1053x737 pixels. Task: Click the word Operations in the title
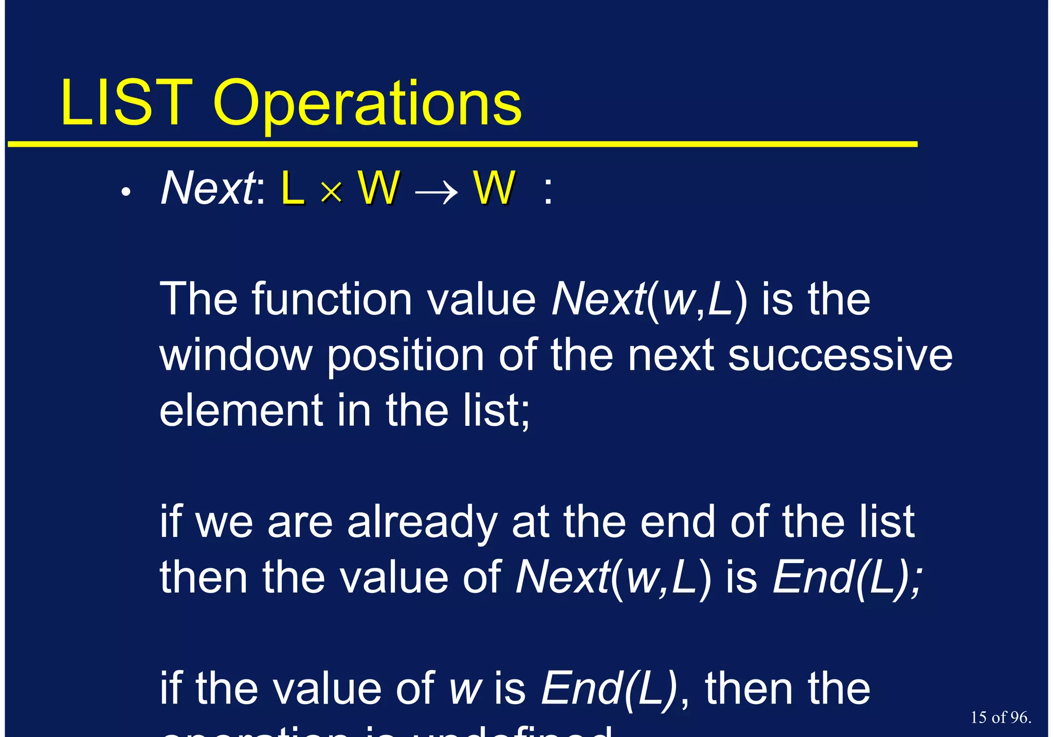click(367, 105)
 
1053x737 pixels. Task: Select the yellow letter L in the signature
click(293, 189)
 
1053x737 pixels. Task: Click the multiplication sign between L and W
click(331, 193)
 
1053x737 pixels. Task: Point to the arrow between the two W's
click(436, 192)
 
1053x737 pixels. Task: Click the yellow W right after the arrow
click(494, 188)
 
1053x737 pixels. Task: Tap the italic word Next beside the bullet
click(208, 189)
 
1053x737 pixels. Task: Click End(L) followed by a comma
click(609, 689)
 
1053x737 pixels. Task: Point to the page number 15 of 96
click(1001, 717)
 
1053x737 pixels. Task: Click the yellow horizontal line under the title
click(463, 144)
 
